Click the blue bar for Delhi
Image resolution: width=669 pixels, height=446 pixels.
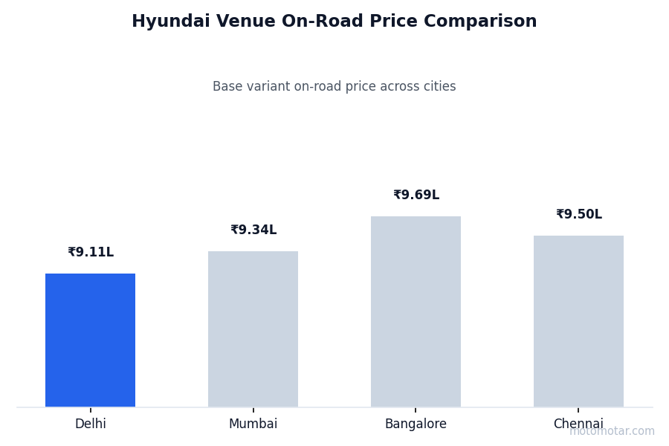tap(90, 340)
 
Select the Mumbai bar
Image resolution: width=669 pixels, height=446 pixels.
tap(253, 329)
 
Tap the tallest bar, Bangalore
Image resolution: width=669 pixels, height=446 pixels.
tap(416, 311)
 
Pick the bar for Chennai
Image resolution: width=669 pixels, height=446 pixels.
tap(578, 321)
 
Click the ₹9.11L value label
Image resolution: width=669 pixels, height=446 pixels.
tap(91, 253)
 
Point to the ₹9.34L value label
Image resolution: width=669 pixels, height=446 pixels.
tap(253, 230)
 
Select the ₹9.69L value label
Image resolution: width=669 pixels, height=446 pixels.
tap(416, 195)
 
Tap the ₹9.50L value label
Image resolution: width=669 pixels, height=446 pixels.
tap(579, 215)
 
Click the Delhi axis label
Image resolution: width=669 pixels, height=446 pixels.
tap(91, 424)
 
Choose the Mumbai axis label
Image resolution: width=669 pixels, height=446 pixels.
tap(253, 424)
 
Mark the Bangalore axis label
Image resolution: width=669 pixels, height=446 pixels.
tap(416, 424)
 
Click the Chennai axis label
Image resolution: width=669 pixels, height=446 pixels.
tap(578, 424)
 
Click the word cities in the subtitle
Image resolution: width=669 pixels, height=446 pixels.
tap(439, 87)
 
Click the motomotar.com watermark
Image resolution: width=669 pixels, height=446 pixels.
tap(612, 431)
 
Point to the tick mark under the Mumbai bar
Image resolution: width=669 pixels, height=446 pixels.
tap(253, 410)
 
